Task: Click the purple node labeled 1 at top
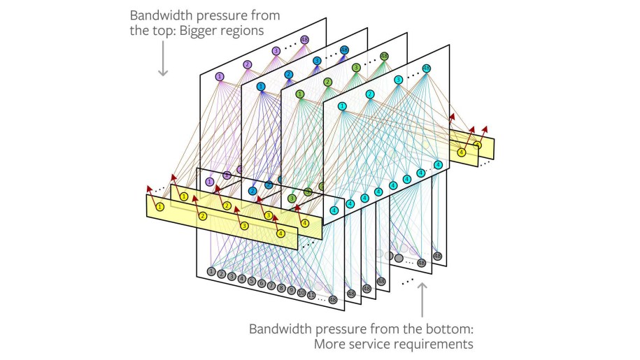(x=220, y=76)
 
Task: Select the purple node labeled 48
(x=304, y=40)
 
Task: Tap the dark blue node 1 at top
(x=261, y=87)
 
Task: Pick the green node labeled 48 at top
(x=384, y=57)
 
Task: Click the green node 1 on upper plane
(x=300, y=94)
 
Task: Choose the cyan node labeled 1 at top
(x=342, y=106)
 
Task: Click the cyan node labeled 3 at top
(x=399, y=80)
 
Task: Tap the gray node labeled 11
(x=311, y=295)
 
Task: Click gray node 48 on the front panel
(x=333, y=300)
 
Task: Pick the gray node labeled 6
(x=261, y=283)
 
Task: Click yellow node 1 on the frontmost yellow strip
(x=160, y=206)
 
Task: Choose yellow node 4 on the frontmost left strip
(x=280, y=233)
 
